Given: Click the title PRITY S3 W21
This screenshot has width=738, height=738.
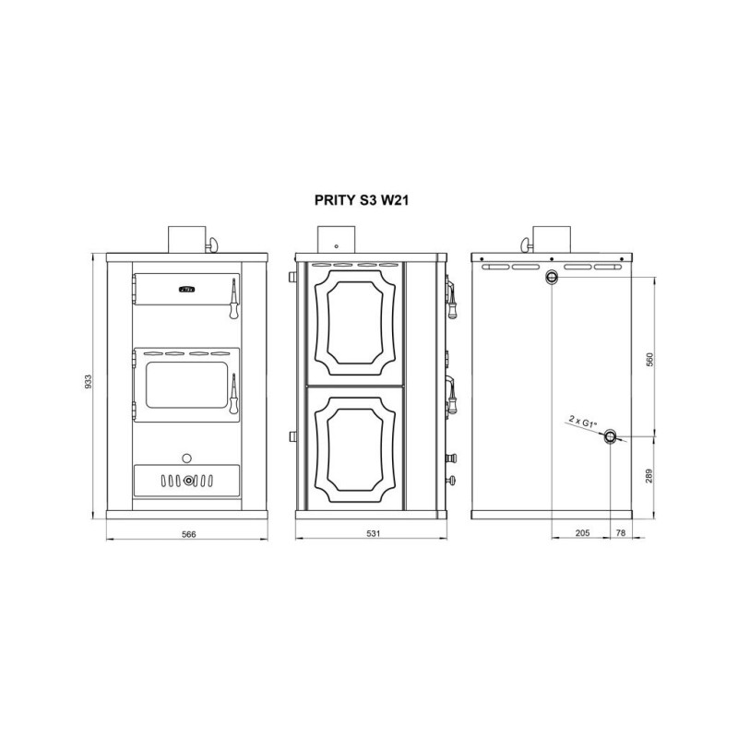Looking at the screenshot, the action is click(x=362, y=200).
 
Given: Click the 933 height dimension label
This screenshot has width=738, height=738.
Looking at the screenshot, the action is click(x=88, y=381).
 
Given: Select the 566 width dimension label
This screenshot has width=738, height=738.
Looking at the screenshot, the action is click(x=189, y=534).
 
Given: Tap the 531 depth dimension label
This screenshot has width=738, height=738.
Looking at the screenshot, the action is click(x=374, y=534).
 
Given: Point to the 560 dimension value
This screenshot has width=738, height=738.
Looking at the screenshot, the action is click(x=650, y=360).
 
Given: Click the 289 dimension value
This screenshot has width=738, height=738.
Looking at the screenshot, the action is click(x=650, y=476).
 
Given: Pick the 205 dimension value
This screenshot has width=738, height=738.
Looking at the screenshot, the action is click(x=583, y=533).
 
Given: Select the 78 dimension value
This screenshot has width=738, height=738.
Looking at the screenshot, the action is click(x=621, y=533).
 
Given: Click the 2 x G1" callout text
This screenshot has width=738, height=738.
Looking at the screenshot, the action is click(x=583, y=421).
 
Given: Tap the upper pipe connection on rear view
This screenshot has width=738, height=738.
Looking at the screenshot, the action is click(x=551, y=278).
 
